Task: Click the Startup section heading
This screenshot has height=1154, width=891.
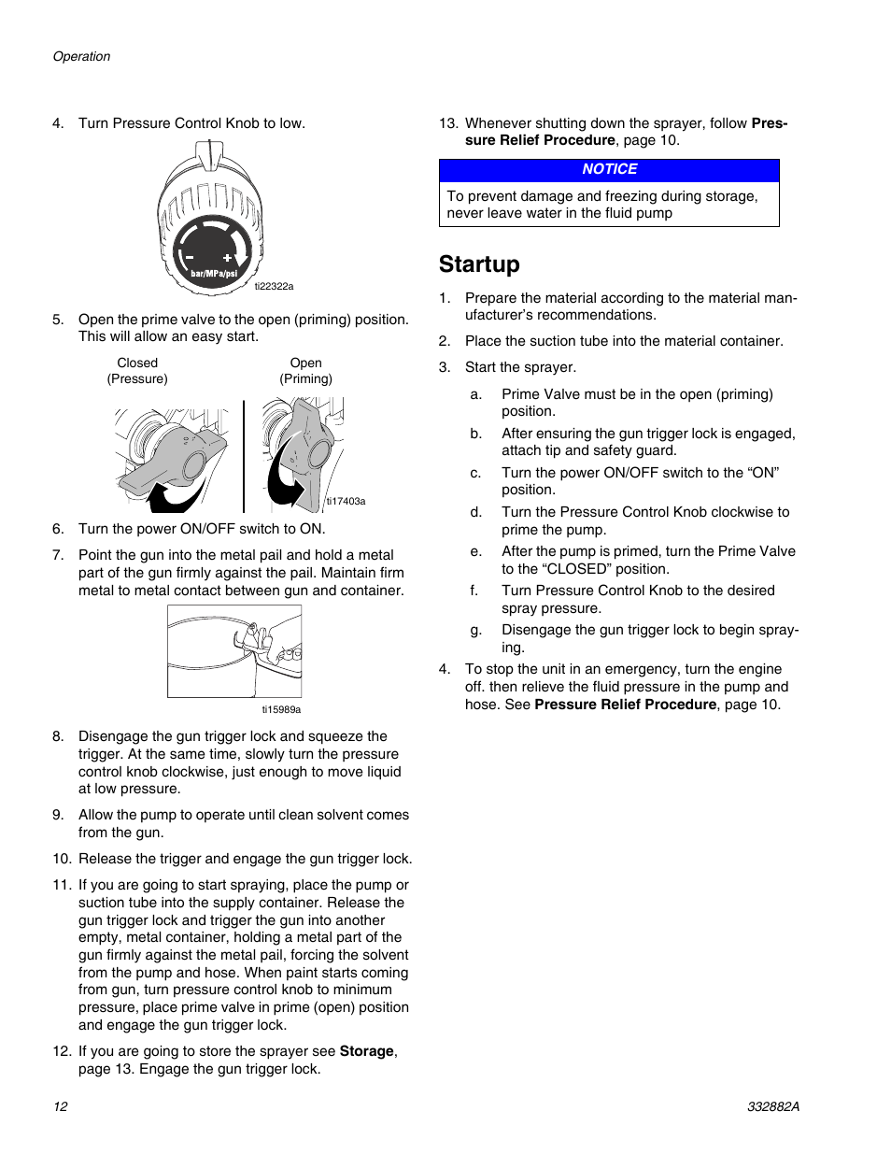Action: tap(479, 264)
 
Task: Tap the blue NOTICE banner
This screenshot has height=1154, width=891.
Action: tap(609, 170)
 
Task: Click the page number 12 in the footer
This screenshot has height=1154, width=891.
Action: tap(61, 1106)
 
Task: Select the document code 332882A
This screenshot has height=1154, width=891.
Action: tap(772, 1106)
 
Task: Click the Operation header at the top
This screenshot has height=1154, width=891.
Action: tap(81, 56)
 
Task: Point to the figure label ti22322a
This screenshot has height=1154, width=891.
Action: tap(274, 287)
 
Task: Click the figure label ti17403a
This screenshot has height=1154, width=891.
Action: tap(346, 502)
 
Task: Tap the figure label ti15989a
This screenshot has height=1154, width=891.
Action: tap(281, 709)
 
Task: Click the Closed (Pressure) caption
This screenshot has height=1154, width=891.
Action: tap(137, 371)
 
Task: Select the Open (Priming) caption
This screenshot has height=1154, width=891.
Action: tap(305, 371)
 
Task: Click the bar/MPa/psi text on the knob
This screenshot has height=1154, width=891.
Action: tap(214, 274)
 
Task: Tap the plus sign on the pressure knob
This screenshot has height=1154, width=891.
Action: tap(227, 257)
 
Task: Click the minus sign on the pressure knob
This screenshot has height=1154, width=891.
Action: tap(190, 257)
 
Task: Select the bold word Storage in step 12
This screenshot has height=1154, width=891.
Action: tap(366, 1051)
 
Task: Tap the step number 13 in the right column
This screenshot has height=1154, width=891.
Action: tap(448, 123)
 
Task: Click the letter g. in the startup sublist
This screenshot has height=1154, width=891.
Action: tap(475, 630)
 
